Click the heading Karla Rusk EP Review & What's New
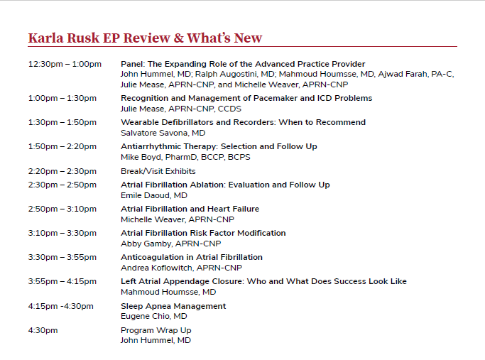145,38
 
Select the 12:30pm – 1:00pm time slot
65,65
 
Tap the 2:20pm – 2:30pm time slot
62,171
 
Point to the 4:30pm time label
43,330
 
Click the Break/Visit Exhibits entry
158,171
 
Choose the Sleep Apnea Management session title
173,306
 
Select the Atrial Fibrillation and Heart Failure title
190,209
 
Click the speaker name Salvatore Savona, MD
163,133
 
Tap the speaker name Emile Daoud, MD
154,195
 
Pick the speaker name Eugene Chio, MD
153,316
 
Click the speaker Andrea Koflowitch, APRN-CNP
181,268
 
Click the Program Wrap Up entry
156,330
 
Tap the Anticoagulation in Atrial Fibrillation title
191,257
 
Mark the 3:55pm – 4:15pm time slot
62,281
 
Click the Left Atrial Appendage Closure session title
263,281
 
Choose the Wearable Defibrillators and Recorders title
243,122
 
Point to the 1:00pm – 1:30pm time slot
62,98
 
